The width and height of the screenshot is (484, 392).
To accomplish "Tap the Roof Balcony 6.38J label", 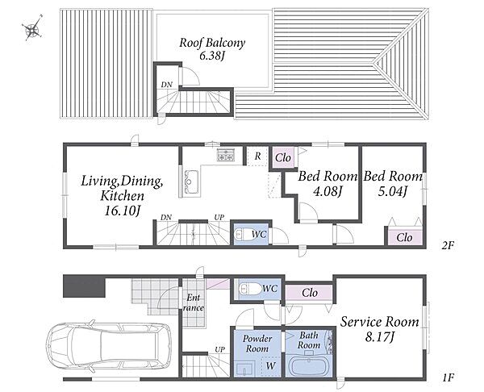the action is coord(212,48).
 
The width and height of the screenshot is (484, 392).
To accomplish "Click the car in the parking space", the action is coord(109,344).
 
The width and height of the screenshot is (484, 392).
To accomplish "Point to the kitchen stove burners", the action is coord(226,155).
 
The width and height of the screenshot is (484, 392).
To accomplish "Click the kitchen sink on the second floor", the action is coord(190,182).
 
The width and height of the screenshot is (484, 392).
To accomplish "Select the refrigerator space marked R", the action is coord(257,156).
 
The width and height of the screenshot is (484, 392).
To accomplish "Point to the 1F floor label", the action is coord(448,377).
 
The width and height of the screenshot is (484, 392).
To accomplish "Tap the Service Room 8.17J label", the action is coord(379,329).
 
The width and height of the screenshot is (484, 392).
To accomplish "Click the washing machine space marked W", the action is coord(271,365).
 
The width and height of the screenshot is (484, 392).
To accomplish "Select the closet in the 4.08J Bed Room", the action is coord(283,158).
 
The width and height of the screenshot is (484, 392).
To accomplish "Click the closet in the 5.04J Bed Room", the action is coord(404,237).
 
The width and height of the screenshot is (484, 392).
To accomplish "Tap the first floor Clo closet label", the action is coord(310,292).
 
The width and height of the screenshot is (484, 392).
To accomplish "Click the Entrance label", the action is coord(194,302).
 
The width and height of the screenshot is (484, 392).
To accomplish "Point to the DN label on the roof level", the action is coord(167,85).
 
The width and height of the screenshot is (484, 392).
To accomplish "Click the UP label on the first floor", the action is coord(219,350).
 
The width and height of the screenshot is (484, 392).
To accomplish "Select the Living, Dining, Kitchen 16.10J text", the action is coord(122,195).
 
